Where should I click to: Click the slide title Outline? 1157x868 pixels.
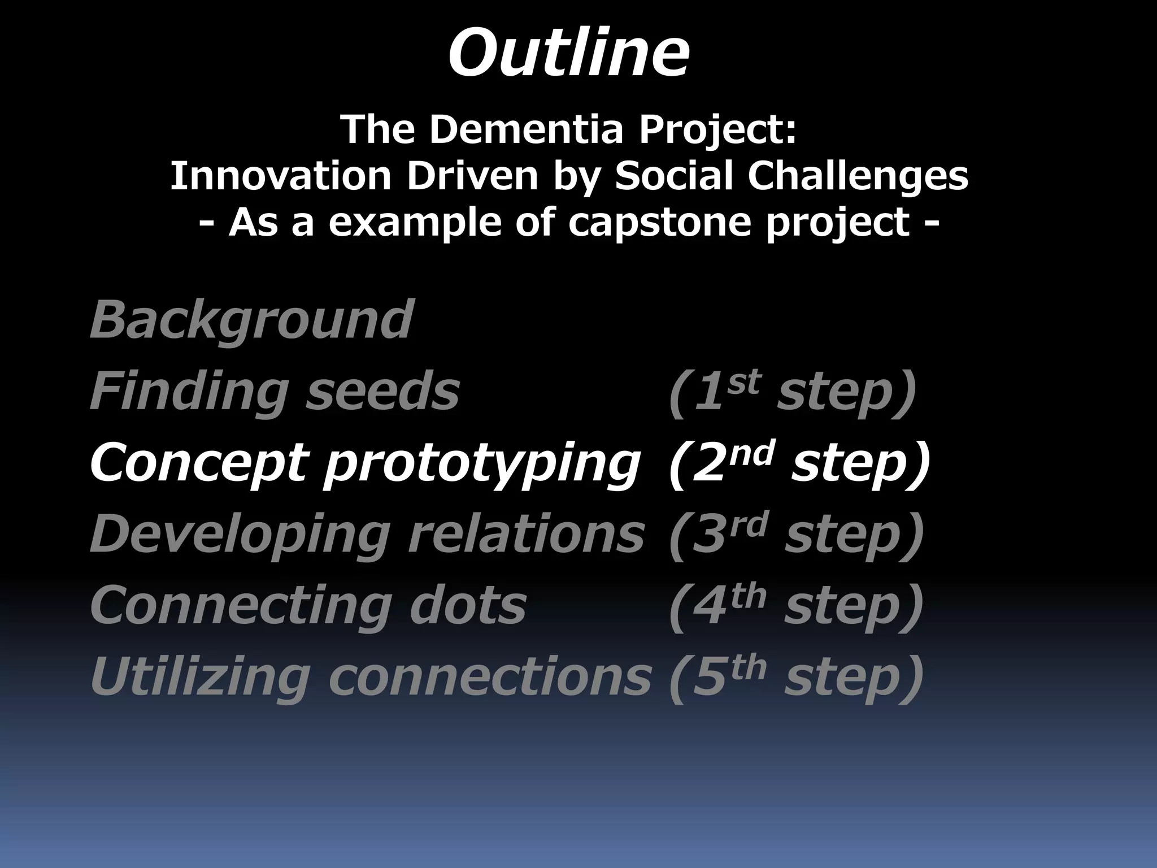tap(568, 54)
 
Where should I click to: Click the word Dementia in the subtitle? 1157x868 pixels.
tap(526, 129)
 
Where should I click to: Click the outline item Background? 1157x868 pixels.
tap(251, 320)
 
